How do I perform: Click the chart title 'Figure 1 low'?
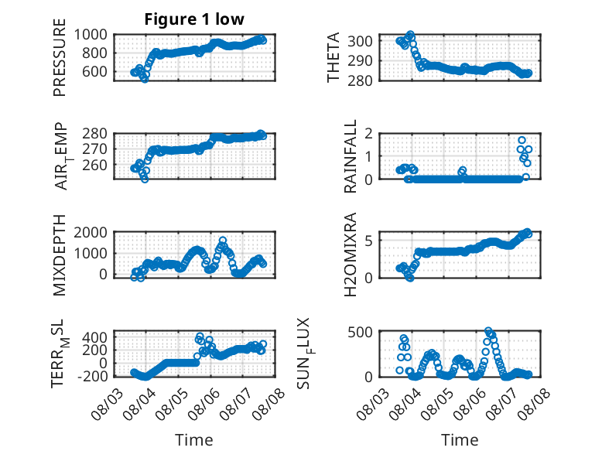click(x=194, y=19)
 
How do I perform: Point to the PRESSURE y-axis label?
click(x=60, y=57)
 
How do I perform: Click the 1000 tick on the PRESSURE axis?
click(x=91, y=35)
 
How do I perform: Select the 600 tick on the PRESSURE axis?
click(x=95, y=71)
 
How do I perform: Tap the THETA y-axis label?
click(x=333, y=57)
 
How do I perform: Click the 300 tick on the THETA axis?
click(x=360, y=41)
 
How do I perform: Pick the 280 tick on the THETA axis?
click(x=360, y=80)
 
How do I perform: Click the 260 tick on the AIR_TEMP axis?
click(x=95, y=165)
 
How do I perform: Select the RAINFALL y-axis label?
click(x=351, y=156)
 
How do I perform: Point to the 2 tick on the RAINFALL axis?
click(x=368, y=134)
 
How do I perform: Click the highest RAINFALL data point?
click(x=522, y=140)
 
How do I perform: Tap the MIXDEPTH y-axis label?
click(x=60, y=255)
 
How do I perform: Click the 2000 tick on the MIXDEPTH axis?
click(x=91, y=232)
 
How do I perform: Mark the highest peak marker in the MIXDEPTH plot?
click(x=223, y=241)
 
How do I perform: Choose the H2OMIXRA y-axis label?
click(x=351, y=255)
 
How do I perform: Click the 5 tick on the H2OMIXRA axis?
click(x=368, y=241)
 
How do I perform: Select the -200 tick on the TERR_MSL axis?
click(x=93, y=376)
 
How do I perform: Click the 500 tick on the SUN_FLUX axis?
click(x=360, y=332)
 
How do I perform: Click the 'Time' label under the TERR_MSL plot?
click(x=194, y=439)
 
